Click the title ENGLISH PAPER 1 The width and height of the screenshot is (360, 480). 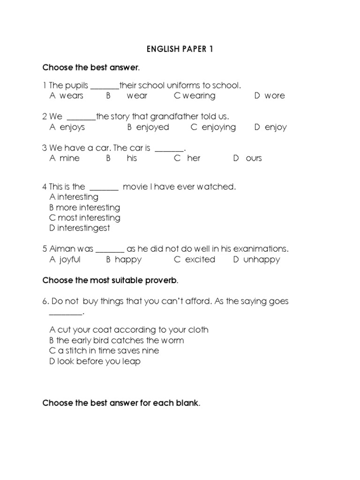pos(180,49)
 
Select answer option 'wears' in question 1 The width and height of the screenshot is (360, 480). pos(71,96)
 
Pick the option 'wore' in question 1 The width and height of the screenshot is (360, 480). pos(275,96)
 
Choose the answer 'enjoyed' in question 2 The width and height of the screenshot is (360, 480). pos(152,127)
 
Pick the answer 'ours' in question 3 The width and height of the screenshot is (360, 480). pos(254,158)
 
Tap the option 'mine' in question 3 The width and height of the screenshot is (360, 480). pos(69,158)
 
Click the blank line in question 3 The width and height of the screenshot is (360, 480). pos(169,150)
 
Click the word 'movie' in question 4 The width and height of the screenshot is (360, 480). pos(134,187)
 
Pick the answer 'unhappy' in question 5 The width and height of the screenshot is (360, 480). pos(262,259)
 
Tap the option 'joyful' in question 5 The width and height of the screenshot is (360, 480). pos(70,259)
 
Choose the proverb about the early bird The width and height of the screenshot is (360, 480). pos(120,340)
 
